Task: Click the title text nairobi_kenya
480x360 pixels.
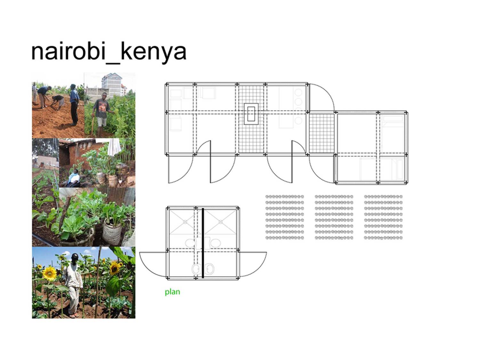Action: click(x=109, y=52)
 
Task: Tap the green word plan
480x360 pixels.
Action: click(x=172, y=292)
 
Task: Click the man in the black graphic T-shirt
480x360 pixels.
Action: click(x=102, y=114)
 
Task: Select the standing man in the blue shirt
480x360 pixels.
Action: click(x=74, y=105)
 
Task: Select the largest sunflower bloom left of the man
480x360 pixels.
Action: click(x=49, y=273)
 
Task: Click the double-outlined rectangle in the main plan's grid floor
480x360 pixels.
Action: click(x=251, y=114)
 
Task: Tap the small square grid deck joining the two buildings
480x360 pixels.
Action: click(x=322, y=133)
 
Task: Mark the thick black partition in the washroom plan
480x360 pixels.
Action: click(x=203, y=243)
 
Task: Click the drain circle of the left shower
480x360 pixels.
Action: click(x=185, y=222)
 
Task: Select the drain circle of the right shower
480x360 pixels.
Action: click(x=220, y=222)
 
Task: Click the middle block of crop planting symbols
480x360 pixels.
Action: click(x=334, y=217)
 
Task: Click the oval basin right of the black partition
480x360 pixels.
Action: click(x=216, y=243)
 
